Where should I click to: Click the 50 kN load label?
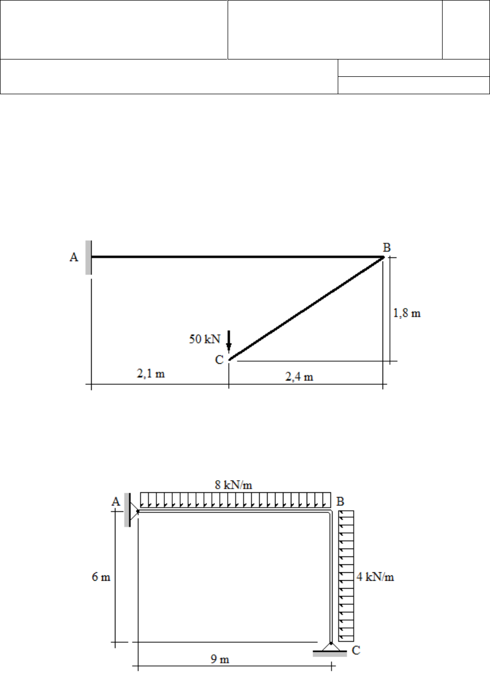coord(204,339)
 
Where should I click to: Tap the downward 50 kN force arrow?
coord(229,342)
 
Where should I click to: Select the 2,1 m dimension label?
coord(151,374)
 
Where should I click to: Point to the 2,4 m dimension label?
coord(299,376)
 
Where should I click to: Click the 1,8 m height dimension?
coord(407,313)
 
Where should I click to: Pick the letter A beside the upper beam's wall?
coord(74,257)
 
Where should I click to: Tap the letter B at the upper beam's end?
coord(387,247)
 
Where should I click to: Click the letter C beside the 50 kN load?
coord(219,360)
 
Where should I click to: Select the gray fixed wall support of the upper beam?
coord(89,257)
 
